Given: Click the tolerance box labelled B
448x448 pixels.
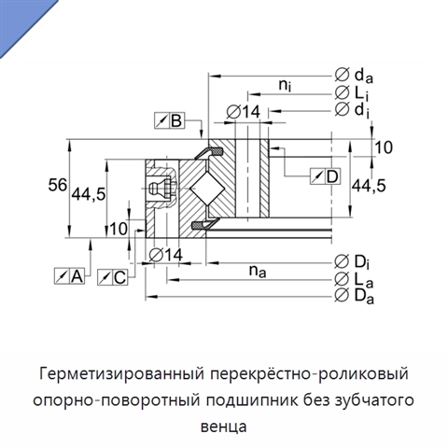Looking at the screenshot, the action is pyautogui.click(x=169, y=120).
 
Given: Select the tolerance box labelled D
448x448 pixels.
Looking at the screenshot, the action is pyautogui.click(x=325, y=176).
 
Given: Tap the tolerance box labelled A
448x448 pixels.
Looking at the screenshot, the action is pyautogui.click(x=69, y=275).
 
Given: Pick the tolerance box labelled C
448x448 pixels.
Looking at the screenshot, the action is pyautogui.click(x=112, y=277).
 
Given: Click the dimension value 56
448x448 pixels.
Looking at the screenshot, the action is pyautogui.click(x=58, y=185).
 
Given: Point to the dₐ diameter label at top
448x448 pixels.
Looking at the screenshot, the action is pyautogui.click(x=354, y=76).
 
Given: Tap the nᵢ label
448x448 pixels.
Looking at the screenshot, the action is pyautogui.click(x=285, y=85).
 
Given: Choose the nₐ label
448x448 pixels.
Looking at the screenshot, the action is pyautogui.click(x=258, y=272).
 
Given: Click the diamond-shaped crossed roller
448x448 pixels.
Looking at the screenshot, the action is pyautogui.click(x=207, y=189).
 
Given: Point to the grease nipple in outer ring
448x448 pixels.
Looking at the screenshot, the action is pyautogui.click(x=161, y=189).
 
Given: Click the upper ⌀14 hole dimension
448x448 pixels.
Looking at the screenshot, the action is pyautogui.click(x=244, y=112).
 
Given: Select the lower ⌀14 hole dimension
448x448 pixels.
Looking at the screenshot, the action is pyautogui.click(x=166, y=255).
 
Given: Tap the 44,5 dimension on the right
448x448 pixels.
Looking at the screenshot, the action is pyautogui.click(x=369, y=186).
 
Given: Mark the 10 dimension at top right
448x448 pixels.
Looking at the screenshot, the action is pyautogui.click(x=384, y=147).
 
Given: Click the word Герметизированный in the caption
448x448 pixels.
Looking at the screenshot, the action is pyautogui.click(x=121, y=374).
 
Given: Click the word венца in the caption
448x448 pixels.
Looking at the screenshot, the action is pyautogui.click(x=224, y=427).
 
